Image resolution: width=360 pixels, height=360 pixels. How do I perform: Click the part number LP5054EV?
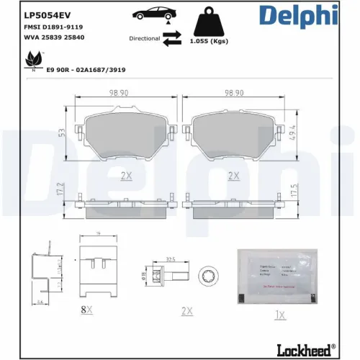click(x=48, y=13)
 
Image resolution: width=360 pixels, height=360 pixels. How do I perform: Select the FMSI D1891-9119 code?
click(x=55, y=26)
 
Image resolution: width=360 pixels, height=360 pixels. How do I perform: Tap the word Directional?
click(x=145, y=39)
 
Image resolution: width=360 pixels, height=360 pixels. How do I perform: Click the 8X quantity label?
click(x=86, y=309)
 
